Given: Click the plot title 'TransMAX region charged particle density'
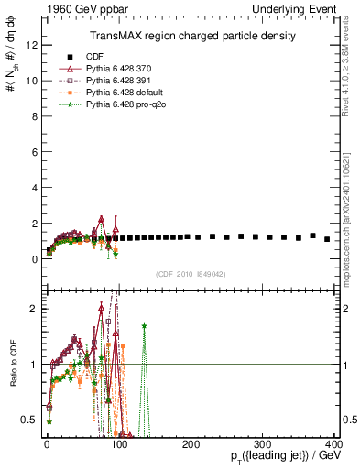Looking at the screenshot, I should coord(191,36).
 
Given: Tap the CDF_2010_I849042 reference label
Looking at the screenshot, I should coord(191,273).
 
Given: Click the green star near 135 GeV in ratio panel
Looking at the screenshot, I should coord(144,325).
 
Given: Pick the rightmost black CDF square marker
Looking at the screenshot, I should coord(327,239).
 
